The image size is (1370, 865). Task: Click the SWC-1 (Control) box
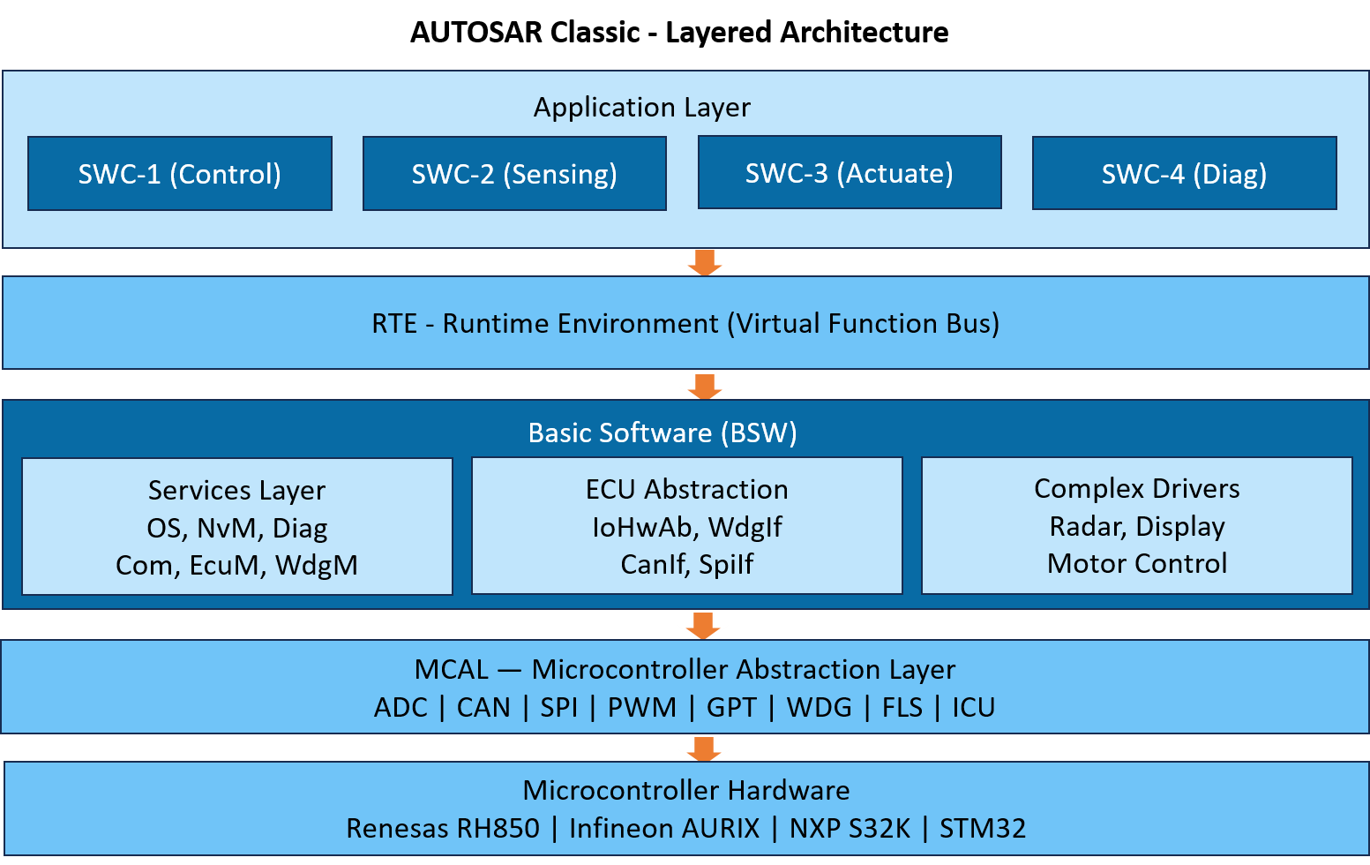180,174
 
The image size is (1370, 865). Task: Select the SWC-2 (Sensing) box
514,174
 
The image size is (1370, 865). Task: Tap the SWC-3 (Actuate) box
850,173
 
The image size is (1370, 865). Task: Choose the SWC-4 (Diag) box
1184,174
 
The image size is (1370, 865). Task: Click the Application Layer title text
641,108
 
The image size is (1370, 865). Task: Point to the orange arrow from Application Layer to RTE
704,262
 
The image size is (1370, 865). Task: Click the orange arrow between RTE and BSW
704,386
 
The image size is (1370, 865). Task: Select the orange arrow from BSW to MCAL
703,624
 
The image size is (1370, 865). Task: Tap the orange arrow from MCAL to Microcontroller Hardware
703,748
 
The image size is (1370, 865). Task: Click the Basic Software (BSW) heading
663,433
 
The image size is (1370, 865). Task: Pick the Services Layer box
236,527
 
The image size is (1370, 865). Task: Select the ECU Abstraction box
686,526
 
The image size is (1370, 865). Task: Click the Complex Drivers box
1136,526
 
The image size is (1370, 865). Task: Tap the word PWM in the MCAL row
641,708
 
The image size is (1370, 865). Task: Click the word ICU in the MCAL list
973,708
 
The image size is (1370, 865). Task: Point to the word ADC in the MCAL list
401,708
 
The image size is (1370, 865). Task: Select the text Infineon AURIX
664,829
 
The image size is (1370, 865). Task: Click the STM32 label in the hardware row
982,829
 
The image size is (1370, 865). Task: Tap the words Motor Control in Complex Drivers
1136,564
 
